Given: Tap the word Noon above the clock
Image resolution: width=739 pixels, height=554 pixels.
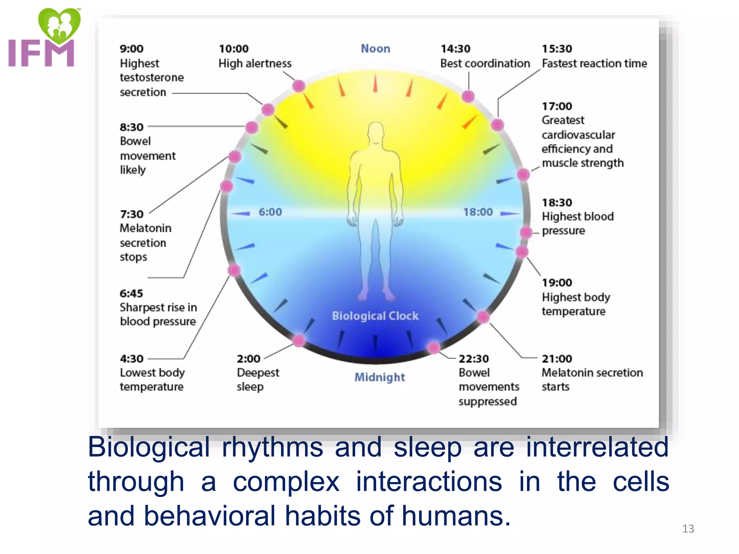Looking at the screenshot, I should click(375, 49).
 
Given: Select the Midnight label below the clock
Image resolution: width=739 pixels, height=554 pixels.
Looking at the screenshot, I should click(379, 377).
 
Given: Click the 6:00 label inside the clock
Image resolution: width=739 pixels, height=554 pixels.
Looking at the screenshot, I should click(270, 212).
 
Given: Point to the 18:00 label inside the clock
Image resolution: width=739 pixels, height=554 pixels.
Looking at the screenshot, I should click(478, 212).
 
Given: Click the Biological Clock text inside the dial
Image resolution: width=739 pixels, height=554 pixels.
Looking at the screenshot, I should click(375, 316).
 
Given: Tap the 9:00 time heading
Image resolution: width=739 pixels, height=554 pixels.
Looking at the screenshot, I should click(131, 49).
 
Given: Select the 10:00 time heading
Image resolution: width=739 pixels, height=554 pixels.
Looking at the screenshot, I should click(233, 49).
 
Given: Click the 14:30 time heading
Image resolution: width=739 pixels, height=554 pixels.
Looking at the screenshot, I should click(455, 49).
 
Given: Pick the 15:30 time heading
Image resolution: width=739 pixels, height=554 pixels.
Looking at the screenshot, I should click(557, 49).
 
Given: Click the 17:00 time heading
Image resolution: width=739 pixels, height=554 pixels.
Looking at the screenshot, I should click(557, 106).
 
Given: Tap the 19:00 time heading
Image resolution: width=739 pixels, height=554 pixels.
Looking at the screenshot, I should click(557, 283).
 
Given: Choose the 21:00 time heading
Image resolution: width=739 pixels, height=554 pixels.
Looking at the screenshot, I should click(557, 359).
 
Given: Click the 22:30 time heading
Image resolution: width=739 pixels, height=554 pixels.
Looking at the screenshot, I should click(473, 359).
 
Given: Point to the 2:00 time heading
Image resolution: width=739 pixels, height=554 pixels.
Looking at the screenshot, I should click(248, 359).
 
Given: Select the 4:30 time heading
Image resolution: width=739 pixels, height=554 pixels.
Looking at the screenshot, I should click(131, 359).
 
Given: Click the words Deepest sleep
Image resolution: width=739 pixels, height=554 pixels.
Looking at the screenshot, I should click(258, 379).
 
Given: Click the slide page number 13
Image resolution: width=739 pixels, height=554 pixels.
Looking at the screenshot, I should click(688, 529).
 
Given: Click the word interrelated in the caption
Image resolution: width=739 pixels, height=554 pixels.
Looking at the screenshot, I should click(597, 447).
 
